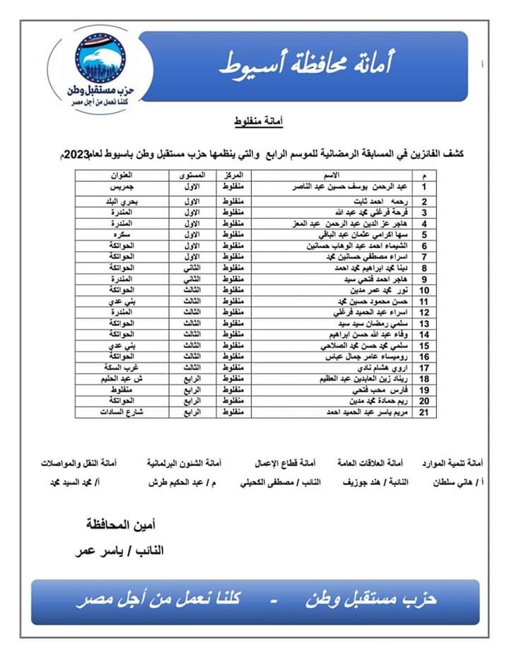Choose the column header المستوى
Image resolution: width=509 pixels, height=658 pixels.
pyautogui.click(x=192, y=175)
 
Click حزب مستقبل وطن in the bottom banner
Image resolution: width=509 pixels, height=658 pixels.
pyautogui.click(x=372, y=600)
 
